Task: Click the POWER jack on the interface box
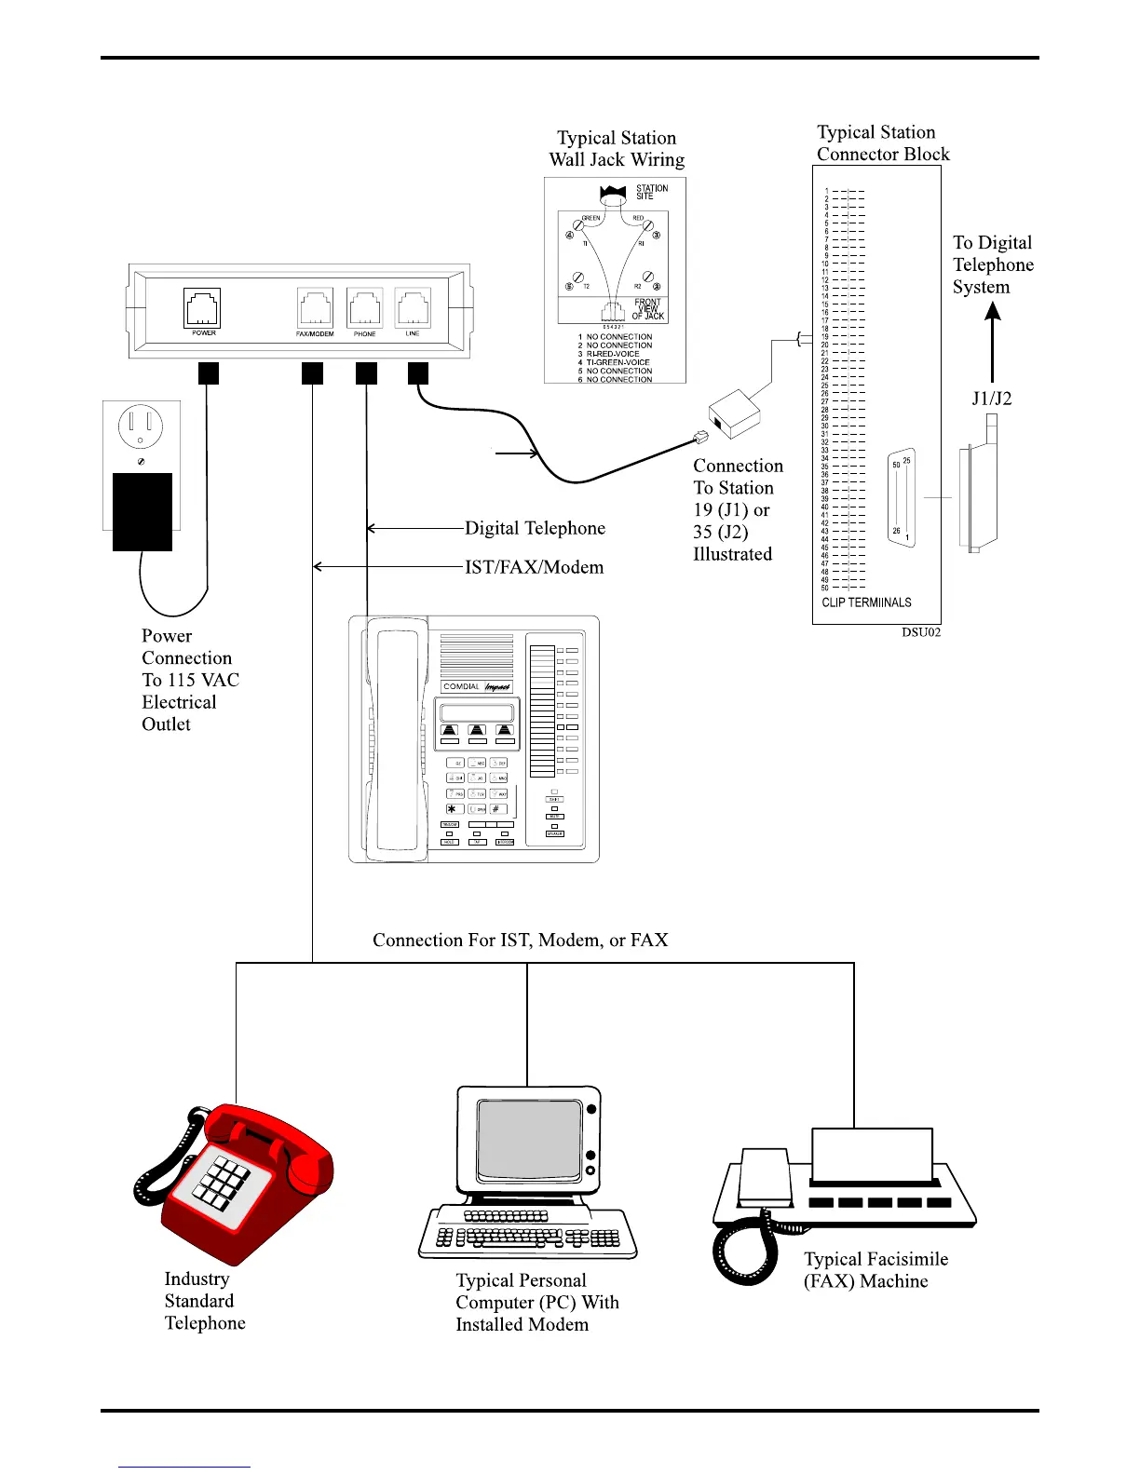(x=202, y=307)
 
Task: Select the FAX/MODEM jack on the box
(x=315, y=308)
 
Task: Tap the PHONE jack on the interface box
(x=364, y=308)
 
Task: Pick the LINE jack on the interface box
(x=413, y=307)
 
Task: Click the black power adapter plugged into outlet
(x=142, y=512)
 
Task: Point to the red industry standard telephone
(x=237, y=1183)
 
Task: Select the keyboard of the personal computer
(x=527, y=1234)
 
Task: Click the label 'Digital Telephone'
(x=535, y=529)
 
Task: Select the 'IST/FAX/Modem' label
(x=534, y=568)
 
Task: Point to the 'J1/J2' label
(x=991, y=399)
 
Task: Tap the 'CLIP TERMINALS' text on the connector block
(x=866, y=602)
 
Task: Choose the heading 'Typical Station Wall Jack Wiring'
(x=617, y=149)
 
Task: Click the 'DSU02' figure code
(x=920, y=632)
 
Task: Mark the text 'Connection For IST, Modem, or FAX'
(x=520, y=940)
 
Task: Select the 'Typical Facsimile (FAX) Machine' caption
(x=875, y=1270)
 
